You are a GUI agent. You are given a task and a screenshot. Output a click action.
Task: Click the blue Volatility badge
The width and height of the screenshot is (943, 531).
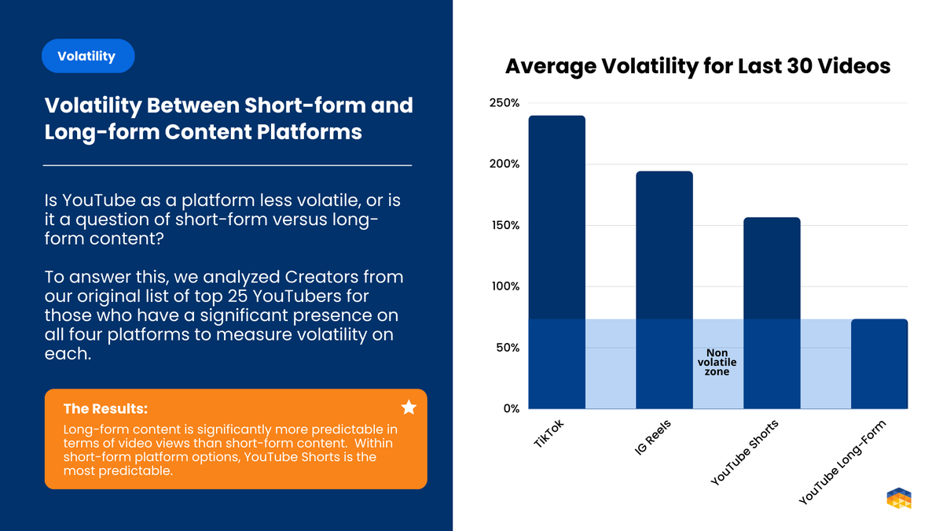[x=88, y=56]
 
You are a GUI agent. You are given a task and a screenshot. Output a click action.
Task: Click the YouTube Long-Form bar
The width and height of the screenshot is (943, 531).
[x=879, y=363]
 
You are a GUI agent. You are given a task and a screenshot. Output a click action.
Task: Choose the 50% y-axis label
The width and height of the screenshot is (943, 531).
[x=508, y=348]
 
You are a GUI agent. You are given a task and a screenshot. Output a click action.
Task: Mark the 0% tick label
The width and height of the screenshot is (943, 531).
[x=510, y=408]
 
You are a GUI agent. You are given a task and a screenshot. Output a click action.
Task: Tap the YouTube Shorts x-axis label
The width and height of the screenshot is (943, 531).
[x=743, y=452]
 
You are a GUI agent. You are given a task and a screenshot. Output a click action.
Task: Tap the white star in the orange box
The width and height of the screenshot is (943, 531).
[x=409, y=407]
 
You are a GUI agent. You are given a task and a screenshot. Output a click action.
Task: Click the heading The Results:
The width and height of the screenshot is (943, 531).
[x=105, y=408]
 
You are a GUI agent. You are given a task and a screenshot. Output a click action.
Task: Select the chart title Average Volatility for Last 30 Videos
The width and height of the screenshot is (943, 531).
[x=697, y=66]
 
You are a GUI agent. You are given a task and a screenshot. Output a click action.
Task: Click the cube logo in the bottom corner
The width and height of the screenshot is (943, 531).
[x=899, y=499]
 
